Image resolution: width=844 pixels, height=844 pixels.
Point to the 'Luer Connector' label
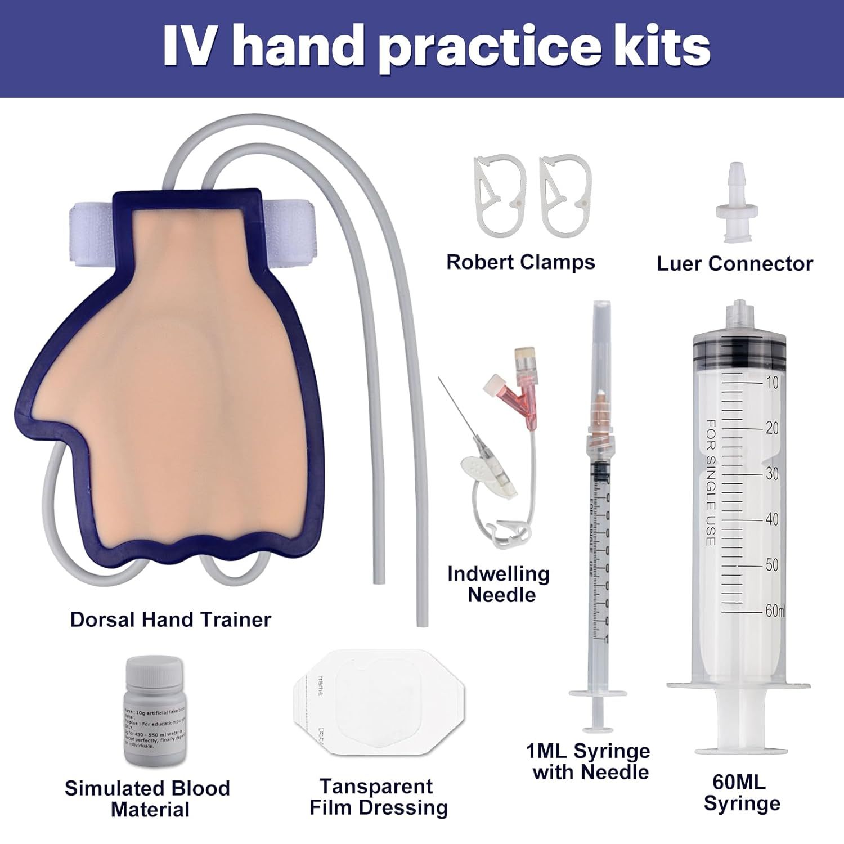coord(734,263)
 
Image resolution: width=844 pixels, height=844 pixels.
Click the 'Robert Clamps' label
coord(520,262)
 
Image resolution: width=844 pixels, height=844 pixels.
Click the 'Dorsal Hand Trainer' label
coord(170,619)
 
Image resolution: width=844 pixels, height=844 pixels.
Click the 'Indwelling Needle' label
coord(499,584)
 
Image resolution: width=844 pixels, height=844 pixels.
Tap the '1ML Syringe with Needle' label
coord(589,761)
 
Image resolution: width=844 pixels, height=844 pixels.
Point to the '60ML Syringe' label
coord(741,793)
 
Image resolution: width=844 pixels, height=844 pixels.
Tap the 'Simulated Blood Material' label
coord(147,798)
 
